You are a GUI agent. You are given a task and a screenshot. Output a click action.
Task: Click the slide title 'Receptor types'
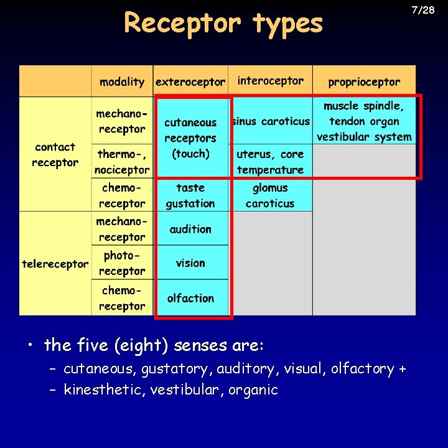coord(223,23)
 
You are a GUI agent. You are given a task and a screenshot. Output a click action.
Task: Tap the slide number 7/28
coord(422,10)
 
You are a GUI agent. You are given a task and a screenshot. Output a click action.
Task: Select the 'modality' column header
coord(122,82)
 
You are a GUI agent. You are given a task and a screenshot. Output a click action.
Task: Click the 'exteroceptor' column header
coord(190,82)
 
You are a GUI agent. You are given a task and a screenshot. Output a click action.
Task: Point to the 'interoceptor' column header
coord(270,81)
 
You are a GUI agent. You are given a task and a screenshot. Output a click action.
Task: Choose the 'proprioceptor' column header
coord(364,82)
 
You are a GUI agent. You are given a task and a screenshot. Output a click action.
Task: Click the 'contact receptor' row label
coord(55,155)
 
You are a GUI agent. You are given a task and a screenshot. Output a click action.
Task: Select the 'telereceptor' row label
coord(55,264)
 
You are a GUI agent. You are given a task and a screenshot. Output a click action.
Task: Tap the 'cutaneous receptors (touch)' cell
coord(190,138)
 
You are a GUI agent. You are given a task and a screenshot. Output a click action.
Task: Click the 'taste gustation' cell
coord(190,195)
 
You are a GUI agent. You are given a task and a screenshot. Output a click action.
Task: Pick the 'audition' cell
coord(190,229)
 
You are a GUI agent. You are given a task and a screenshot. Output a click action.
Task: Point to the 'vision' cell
coord(190,263)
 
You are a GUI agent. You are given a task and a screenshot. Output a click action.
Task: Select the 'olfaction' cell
coord(190,298)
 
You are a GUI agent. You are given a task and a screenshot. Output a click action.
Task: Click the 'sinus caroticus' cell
coord(270,121)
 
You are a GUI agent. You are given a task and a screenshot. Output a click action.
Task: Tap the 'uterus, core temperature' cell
coord(270,162)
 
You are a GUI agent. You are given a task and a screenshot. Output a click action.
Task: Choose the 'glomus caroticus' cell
coord(270,195)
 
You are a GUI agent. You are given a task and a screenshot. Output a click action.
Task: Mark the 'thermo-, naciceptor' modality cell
coord(122,162)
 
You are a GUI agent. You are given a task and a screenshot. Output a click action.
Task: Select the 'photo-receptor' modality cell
coord(122,263)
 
